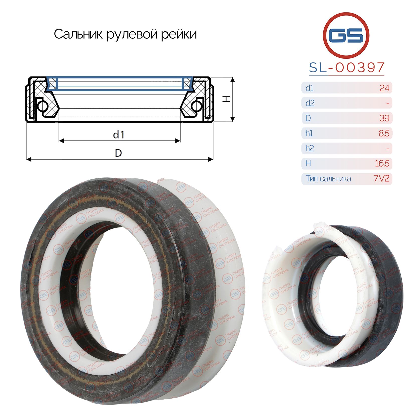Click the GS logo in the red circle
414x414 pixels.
tap(346, 35)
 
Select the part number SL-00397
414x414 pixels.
tap(347, 67)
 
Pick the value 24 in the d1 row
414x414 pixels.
tap(384, 88)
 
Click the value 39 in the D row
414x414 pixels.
tap(384, 118)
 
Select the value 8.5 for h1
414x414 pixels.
tap(384, 133)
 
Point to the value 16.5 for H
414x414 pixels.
tap(382, 163)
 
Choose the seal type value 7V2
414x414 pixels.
tap(382, 178)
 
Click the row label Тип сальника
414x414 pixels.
tap(328, 178)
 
